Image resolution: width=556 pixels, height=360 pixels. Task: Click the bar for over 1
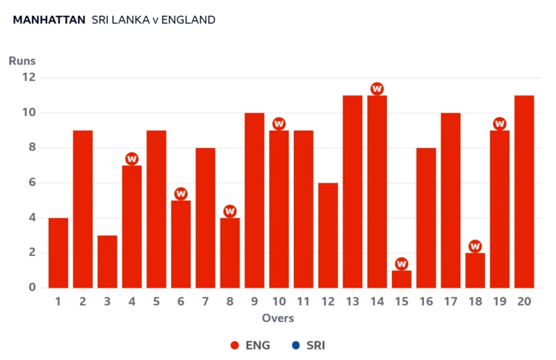tap(58, 253)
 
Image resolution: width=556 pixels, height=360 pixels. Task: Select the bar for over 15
tap(401, 279)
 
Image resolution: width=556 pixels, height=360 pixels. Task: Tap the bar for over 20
tap(524, 192)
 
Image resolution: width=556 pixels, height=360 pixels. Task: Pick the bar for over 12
tap(328, 236)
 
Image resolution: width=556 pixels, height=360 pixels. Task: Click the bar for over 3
tap(107, 262)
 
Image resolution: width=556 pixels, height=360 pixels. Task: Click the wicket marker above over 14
tap(377, 89)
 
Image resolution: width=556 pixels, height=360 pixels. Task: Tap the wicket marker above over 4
tap(132, 159)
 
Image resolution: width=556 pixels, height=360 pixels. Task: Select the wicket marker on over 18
tap(475, 246)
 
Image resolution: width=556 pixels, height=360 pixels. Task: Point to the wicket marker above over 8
tap(230, 211)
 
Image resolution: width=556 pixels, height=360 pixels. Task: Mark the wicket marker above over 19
tap(500, 124)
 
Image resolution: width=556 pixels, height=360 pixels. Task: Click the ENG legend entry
tap(250, 345)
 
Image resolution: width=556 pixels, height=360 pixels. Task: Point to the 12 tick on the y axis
tap(28, 78)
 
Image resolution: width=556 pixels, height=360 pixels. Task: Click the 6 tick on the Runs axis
tap(32, 183)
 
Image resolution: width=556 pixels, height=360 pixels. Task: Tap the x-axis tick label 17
tap(450, 302)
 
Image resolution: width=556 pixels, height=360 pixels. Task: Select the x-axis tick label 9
tap(254, 302)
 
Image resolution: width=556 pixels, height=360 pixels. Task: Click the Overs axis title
tap(278, 318)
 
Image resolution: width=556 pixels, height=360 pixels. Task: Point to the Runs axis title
tap(22, 61)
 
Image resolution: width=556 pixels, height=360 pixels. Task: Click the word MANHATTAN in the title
tap(47, 20)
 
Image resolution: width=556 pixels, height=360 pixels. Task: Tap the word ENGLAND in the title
tap(188, 20)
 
